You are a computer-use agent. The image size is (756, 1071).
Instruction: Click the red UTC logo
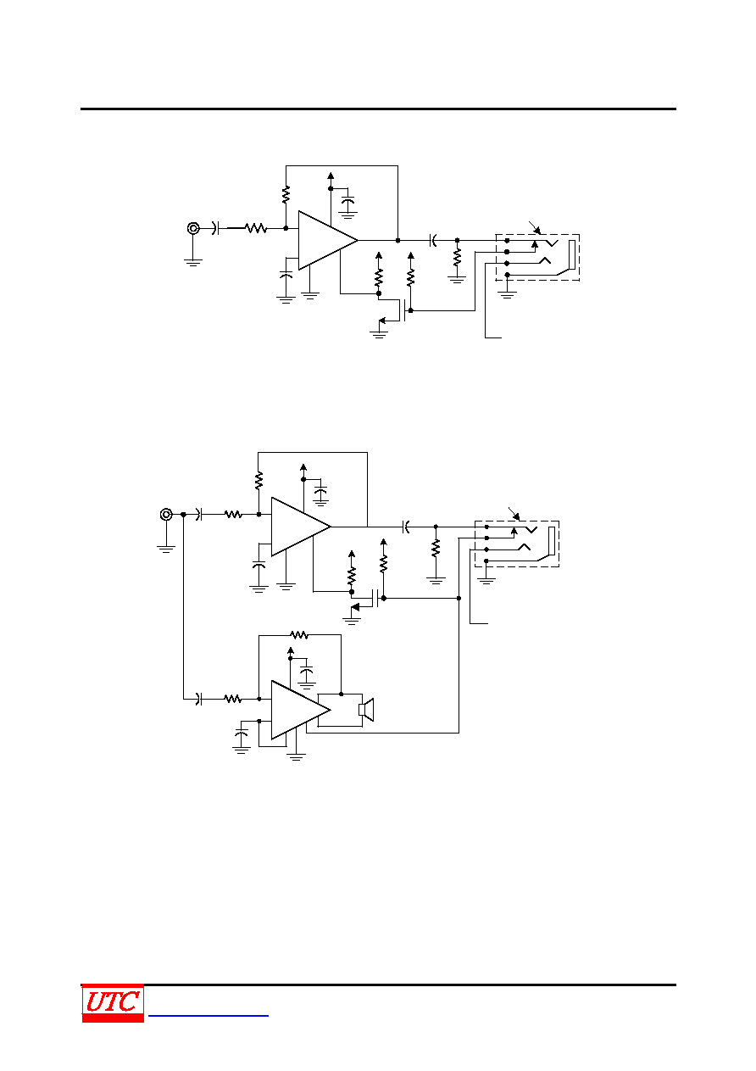(113, 1003)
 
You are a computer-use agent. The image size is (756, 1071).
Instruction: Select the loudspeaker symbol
(366, 710)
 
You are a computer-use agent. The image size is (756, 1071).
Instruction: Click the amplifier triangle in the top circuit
(328, 241)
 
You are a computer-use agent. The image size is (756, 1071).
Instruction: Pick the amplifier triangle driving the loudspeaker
(301, 710)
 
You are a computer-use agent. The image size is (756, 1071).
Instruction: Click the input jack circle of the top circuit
(193, 229)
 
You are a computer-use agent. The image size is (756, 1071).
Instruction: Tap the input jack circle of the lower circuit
(166, 515)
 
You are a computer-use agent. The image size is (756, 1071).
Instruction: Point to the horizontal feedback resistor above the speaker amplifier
(299, 635)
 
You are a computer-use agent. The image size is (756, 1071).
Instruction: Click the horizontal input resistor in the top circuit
(256, 229)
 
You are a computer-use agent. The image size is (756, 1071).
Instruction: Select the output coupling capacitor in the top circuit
(433, 241)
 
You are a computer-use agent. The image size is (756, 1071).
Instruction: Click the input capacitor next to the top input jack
(215, 229)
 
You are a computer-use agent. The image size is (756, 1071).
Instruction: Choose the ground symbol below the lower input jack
(166, 549)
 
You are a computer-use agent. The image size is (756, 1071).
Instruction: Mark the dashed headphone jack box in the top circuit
(537, 257)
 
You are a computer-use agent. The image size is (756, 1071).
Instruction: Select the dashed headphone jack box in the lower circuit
(517, 544)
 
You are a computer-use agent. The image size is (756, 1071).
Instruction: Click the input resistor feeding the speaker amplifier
(233, 699)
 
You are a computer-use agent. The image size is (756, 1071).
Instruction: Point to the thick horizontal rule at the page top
(378, 109)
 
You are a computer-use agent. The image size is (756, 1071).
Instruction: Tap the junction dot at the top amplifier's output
(397, 241)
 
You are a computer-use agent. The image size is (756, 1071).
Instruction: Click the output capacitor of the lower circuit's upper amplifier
(406, 527)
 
